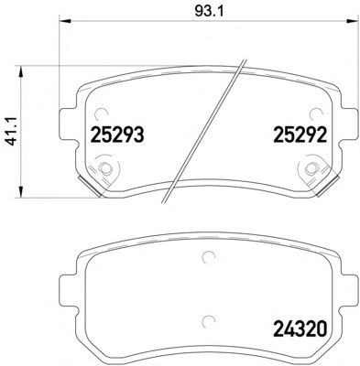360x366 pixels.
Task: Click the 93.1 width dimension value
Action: pos(209,12)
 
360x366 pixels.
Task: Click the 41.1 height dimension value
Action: pos(13,132)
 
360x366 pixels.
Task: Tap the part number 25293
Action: pos(117,135)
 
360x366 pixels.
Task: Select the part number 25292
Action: pos(300,135)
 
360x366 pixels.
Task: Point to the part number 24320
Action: pos(300,328)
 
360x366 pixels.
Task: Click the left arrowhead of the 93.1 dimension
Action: pos(64,21)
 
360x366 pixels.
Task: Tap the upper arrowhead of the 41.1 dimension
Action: pos(21,72)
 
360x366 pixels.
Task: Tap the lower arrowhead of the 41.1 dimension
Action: pos(21,191)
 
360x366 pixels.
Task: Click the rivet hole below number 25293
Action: pos(105,168)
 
